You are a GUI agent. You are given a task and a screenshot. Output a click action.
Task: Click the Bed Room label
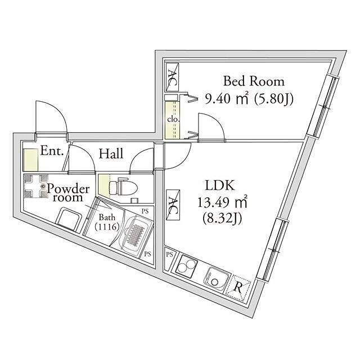(x=254, y=81)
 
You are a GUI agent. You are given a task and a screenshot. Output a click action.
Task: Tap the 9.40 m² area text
(x=226, y=99)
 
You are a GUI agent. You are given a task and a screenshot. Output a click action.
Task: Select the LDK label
(x=220, y=185)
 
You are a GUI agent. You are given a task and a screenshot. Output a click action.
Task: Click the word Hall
(x=111, y=154)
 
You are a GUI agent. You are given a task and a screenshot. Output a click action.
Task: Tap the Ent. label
(x=52, y=151)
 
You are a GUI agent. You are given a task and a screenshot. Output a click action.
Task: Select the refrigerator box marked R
(x=238, y=287)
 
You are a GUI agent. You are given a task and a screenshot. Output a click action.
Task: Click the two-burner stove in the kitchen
(x=186, y=266)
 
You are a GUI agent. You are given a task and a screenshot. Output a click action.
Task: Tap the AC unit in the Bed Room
(x=173, y=78)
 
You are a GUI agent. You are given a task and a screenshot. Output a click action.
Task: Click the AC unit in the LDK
(x=173, y=205)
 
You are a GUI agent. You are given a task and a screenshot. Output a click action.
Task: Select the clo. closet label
(x=173, y=120)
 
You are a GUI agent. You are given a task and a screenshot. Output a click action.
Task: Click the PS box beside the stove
(x=169, y=254)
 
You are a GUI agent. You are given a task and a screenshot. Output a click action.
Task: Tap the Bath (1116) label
(x=107, y=222)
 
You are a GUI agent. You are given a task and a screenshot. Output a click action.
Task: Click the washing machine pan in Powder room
(x=36, y=186)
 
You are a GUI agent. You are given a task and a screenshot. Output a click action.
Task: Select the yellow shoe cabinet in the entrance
(x=30, y=160)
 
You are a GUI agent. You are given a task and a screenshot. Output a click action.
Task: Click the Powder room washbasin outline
(x=69, y=219)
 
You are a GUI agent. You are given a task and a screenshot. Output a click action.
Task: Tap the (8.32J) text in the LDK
(x=222, y=219)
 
